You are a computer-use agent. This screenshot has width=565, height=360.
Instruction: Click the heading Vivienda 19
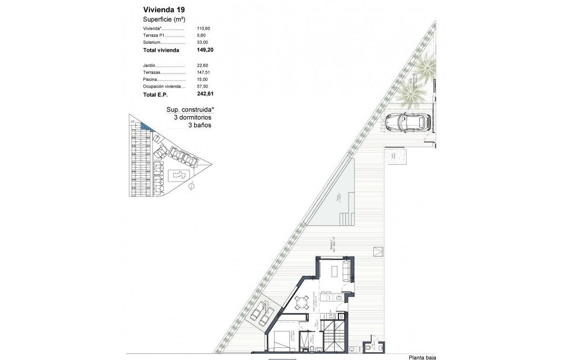164,9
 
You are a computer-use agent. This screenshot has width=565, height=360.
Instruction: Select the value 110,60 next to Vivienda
203,29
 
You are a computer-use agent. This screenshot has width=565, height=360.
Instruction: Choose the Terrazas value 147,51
203,72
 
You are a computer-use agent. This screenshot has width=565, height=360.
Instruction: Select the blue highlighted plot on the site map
145,126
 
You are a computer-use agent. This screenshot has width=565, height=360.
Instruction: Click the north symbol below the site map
191,186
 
